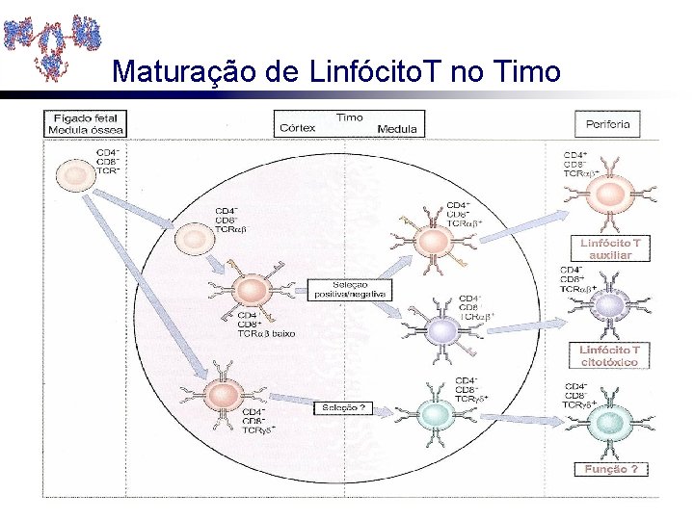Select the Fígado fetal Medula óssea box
(87, 124)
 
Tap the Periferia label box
(608, 123)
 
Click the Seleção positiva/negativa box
(348, 289)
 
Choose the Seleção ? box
(341, 407)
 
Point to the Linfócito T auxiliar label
(608, 248)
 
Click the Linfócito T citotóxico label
(608, 355)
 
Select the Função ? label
(610, 469)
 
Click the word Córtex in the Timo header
(296, 128)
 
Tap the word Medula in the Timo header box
(397, 129)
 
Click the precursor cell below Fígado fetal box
(74, 175)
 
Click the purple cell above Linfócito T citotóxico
(608, 305)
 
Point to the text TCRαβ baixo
(266, 333)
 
